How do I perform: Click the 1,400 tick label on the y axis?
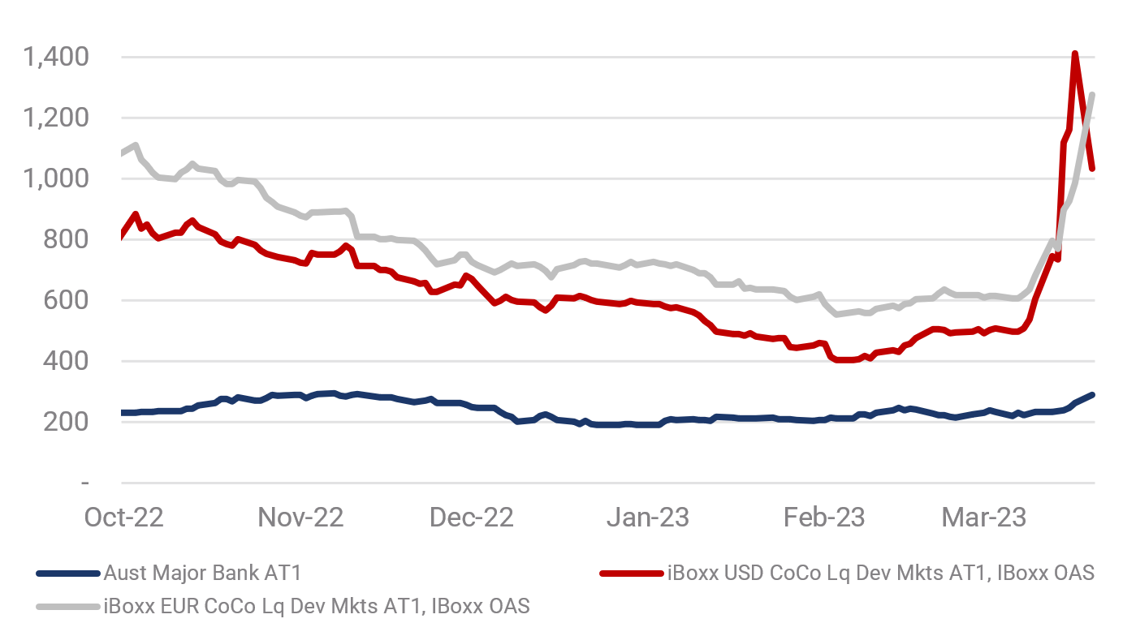56,58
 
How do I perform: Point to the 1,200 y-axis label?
56,118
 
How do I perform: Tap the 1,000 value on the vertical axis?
56,178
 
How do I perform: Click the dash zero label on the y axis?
84,483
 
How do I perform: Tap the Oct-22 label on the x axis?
124,517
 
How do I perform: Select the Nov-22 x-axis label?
300,517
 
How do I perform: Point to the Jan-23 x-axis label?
648,517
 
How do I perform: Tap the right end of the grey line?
1093,95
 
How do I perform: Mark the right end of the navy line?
1093,394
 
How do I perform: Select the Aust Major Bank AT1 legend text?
202,574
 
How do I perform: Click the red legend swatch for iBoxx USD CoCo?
631,574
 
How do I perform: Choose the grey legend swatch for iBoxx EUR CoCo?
67,606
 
